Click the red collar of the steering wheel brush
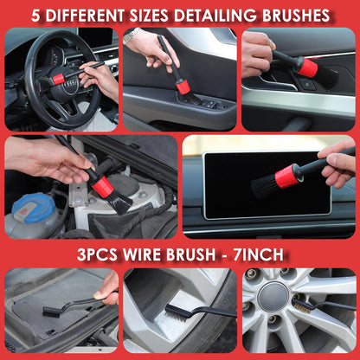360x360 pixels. point(59,79)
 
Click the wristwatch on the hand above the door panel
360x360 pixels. point(131,35)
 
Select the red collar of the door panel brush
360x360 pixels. point(183,87)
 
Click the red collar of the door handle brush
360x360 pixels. point(307,67)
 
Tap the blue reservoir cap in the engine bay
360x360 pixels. point(33,209)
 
